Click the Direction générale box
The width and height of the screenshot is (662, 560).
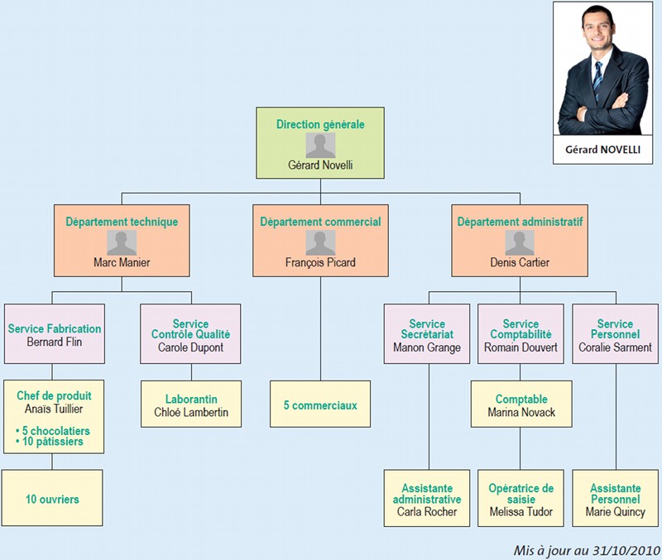[x=320, y=142]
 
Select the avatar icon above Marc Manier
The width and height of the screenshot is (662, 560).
[x=122, y=242]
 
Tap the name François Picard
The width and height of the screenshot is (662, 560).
[x=320, y=263]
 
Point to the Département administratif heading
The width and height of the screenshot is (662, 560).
[x=520, y=222]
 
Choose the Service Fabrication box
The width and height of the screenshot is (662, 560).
[x=54, y=333]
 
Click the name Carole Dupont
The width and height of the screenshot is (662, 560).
[x=190, y=347]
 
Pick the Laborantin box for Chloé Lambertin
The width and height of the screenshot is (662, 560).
[x=190, y=404]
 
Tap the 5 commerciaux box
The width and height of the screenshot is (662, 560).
[x=320, y=405]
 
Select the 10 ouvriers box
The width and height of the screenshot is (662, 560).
[x=53, y=499]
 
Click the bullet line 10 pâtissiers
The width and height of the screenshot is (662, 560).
[x=51, y=442]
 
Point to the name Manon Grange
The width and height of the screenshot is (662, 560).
[x=427, y=347]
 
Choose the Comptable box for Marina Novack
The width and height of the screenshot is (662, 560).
[x=521, y=405]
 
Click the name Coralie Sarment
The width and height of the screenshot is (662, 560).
[x=615, y=347]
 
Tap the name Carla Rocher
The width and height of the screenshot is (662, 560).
[x=427, y=511]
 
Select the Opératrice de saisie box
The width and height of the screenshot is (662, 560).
[x=521, y=498]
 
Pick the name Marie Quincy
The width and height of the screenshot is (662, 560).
[x=615, y=511]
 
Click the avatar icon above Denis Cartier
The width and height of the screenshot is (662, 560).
[x=520, y=242]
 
